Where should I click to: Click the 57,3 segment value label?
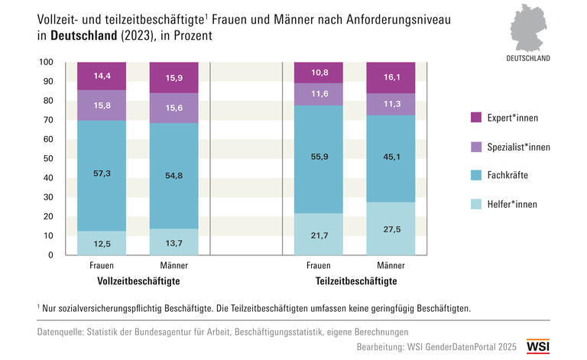tap(102, 174)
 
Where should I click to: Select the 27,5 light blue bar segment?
tap(391, 229)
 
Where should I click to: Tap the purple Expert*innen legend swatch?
tap(475, 118)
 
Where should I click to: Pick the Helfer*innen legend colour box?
tap(475, 204)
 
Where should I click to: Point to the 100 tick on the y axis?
tap(46, 63)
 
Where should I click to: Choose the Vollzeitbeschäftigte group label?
tap(138, 282)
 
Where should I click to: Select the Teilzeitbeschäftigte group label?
tap(355, 282)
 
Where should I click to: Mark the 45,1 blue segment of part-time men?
tap(391, 159)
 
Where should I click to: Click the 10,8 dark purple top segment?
tap(319, 73)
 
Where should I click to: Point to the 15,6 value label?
tap(174, 109)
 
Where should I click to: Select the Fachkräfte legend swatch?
tap(475, 175)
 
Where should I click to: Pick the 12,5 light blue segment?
tap(102, 243)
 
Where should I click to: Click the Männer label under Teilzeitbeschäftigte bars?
tap(391, 266)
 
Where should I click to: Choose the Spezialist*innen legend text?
tap(518, 147)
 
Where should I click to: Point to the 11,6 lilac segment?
tap(319, 94)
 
